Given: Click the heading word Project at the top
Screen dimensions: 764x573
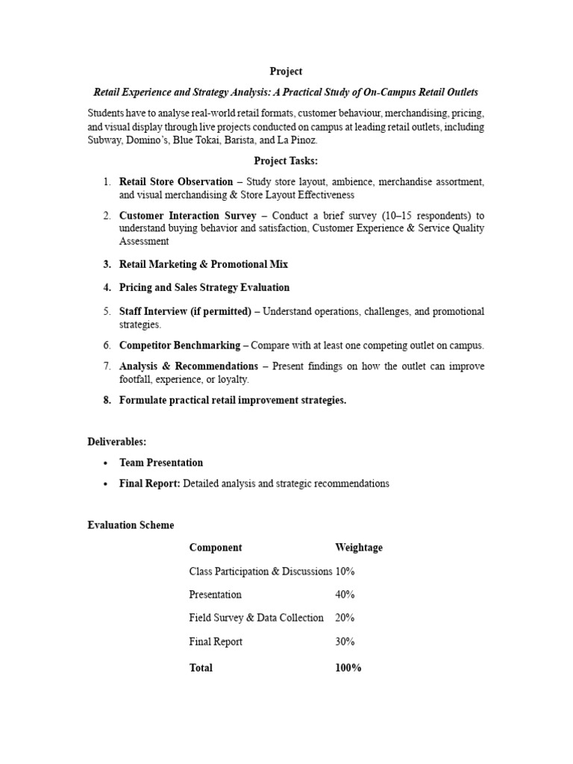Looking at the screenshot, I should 286,72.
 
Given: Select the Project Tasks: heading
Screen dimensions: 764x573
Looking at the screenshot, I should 286,160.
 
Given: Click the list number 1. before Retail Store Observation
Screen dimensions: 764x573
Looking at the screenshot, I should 107,181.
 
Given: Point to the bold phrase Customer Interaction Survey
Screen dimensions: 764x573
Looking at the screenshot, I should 187,216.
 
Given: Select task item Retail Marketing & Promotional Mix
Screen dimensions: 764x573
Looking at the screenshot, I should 203,264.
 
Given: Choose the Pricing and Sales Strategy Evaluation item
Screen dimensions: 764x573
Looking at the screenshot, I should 204,287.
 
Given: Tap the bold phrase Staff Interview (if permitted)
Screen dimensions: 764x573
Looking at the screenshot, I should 185,311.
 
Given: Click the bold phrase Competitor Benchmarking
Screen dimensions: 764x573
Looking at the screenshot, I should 179,345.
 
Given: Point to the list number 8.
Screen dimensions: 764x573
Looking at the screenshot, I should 107,400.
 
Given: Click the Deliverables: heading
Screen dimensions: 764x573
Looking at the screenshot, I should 116,442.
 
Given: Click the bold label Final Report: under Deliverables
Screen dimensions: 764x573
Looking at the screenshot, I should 149,483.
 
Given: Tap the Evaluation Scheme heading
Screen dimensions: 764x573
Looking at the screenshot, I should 131,525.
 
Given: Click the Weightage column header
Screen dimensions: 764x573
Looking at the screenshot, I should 359,548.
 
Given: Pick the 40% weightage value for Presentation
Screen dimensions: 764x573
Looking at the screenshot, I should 345,595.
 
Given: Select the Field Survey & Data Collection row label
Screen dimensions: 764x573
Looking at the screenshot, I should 256,618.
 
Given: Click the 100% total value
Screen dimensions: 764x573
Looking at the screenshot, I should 348,668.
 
